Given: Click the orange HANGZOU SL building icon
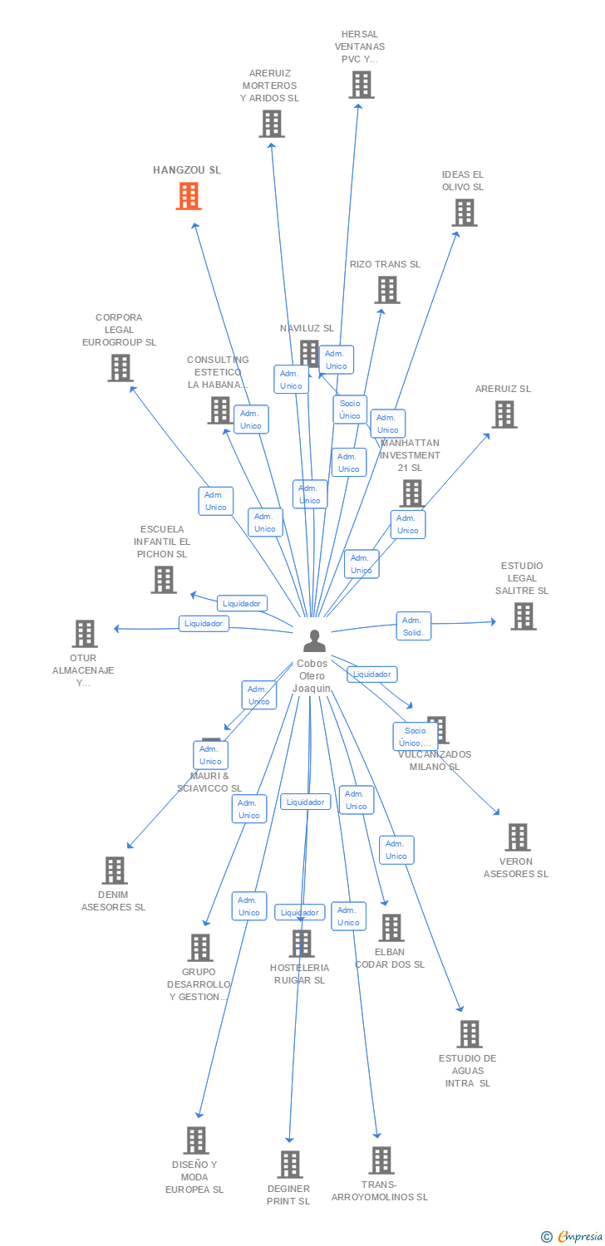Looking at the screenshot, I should [x=189, y=196].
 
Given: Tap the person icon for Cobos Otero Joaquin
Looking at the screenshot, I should [x=313, y=641].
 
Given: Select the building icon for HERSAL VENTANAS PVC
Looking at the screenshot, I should [x=361, y=85].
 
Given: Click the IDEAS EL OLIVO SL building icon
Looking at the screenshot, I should [x=464, y=213].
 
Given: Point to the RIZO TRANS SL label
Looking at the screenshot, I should [x=385, y=264].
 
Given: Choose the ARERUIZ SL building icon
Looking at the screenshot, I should [x=504, y=415].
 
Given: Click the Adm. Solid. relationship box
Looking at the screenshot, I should [x=413, y=626].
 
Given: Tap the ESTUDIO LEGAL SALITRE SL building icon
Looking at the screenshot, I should [x=523, y=616].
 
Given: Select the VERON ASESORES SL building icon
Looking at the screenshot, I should [x=517, y=837].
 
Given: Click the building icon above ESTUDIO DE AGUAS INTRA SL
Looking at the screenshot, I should [x=469, y=1034].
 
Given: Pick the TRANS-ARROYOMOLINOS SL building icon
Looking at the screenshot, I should [x=381, y=1160].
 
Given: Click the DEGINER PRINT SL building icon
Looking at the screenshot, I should [x=289, y=1165].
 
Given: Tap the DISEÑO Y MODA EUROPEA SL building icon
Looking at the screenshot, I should [x=195, y=1141].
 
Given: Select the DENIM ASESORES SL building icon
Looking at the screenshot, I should [x=114, y=871].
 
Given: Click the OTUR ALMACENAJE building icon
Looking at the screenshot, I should [x=84, y=634].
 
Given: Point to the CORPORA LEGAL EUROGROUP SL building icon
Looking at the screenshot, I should [x=121, y=368].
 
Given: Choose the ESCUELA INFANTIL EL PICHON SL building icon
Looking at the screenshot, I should [x=164, y=580].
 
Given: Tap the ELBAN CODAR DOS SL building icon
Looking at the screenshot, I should [x=391, y=928].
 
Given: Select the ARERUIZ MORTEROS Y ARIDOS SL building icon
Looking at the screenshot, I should [x=271, y=124].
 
